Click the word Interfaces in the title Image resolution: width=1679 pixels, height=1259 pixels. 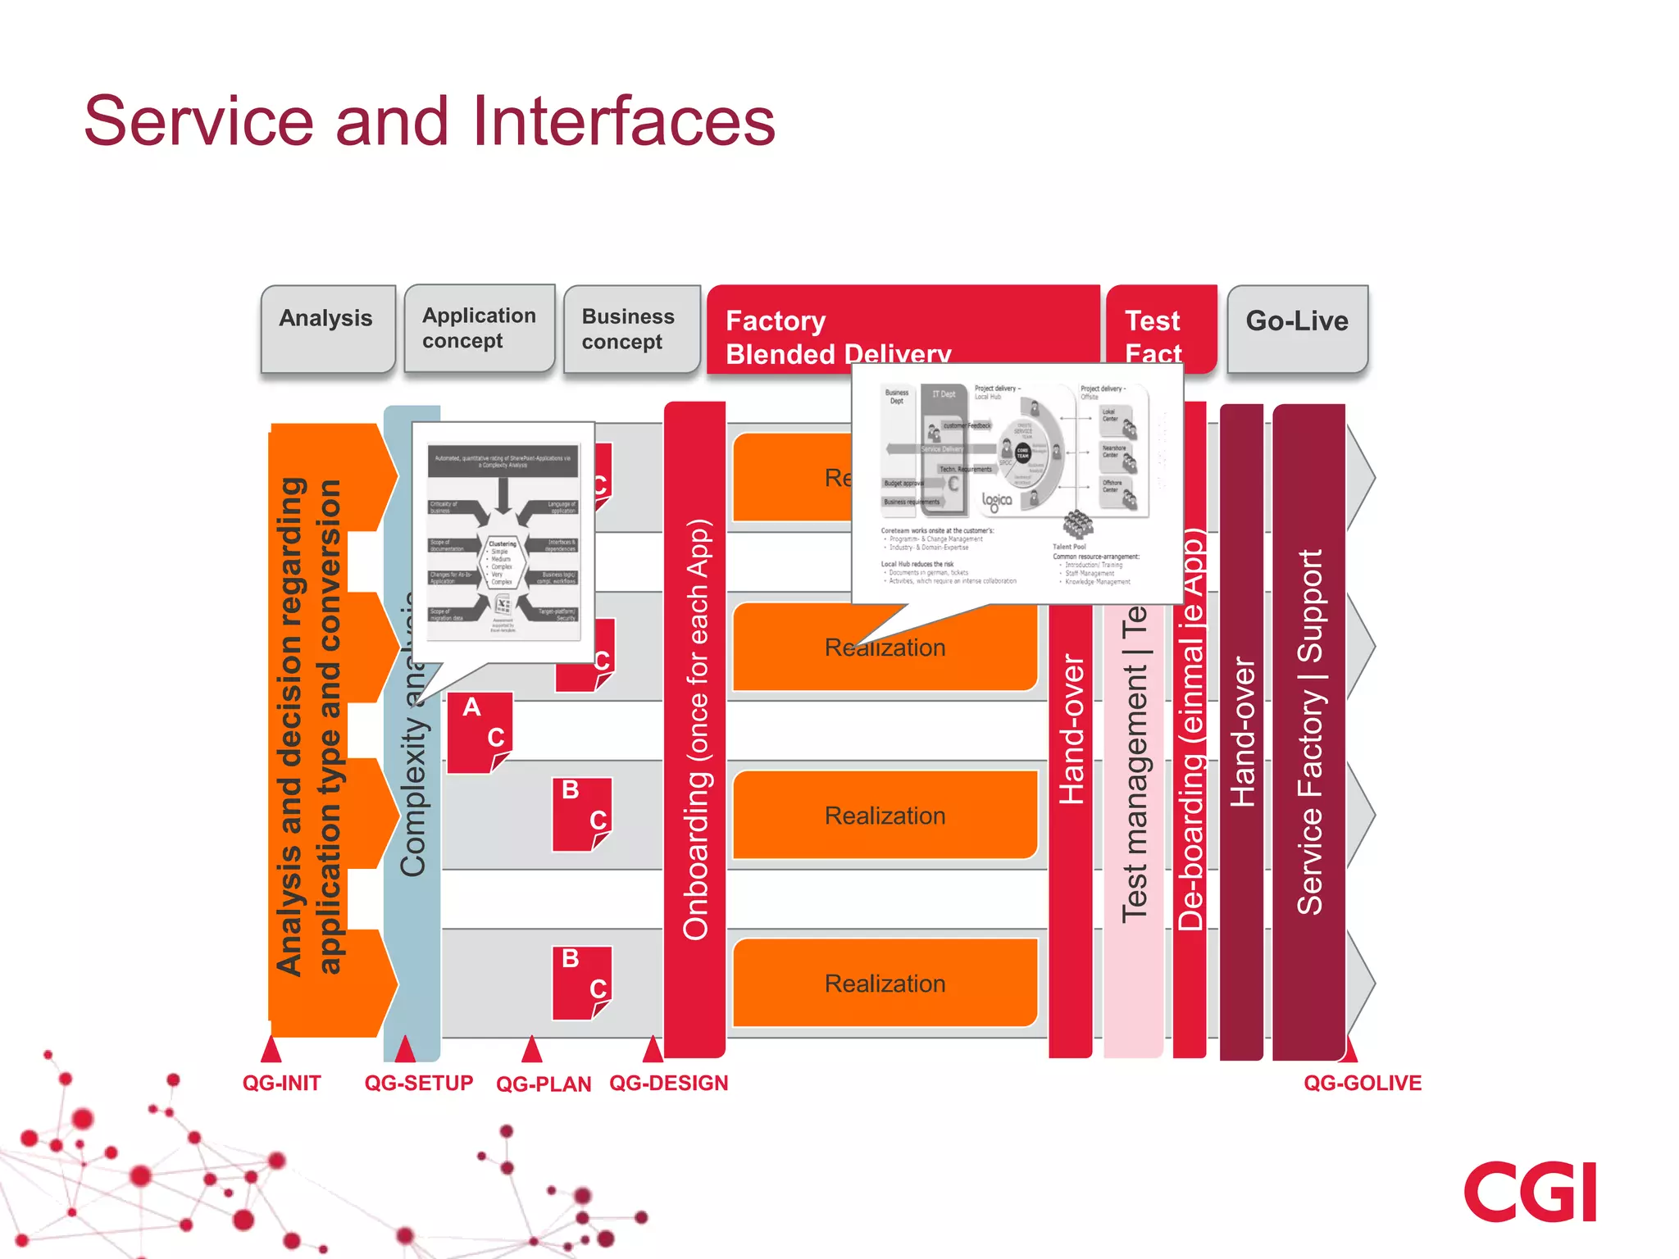point(623,121)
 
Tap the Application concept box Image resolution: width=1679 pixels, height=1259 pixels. point(480,328)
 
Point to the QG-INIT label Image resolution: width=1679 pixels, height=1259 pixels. point(281,1083)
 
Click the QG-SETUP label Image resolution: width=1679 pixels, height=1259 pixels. point(419,1083)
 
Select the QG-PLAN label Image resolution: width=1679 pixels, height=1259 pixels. point(544,1084)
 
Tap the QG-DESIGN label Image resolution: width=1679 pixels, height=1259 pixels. point(668,1083)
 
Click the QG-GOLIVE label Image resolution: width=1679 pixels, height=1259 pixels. point(1363,1083)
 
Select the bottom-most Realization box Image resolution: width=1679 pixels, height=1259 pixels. point(885,983)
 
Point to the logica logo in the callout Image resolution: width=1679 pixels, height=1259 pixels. point(997,501)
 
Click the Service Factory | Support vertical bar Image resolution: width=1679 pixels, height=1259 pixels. point(1309,731)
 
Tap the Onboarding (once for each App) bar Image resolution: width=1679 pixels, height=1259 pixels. point(695,729)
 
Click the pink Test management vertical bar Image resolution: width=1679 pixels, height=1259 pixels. point(1134,820)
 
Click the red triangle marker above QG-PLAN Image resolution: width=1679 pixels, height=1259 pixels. point(532,1049)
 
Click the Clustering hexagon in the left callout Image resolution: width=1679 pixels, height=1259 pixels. point(502,562)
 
